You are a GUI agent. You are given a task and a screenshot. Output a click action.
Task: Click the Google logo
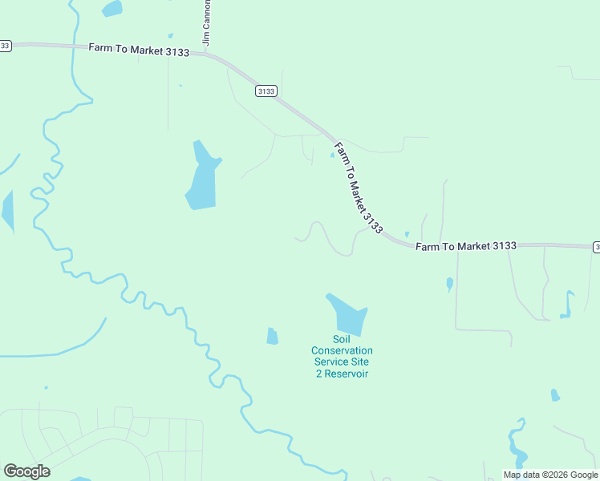pos(26,471)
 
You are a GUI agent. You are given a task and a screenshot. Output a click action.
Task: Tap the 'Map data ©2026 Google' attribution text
pos(551,475)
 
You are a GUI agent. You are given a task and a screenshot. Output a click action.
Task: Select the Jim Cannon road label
pos(206,22)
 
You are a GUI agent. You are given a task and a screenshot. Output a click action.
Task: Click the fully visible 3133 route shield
pos(266,91)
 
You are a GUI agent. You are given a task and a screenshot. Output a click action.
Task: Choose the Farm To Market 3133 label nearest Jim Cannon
pos(139,51)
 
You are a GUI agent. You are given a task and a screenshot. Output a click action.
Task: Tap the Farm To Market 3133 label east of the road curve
pos(465,246)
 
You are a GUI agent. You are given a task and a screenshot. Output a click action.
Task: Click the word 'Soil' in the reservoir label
pos(342,339)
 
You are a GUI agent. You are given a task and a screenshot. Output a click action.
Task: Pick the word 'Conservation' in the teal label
pos(342,350)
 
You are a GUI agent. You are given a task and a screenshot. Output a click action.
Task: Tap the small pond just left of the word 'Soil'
pos(272,337)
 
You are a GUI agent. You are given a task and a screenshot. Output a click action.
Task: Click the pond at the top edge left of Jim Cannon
pos(111,9)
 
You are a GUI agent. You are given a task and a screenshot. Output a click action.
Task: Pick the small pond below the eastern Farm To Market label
pos(449,284)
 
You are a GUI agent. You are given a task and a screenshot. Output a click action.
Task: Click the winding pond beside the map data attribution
pos(517,446)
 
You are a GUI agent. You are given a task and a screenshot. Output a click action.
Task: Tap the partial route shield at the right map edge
pos(596,247)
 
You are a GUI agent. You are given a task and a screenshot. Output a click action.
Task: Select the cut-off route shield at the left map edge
pos(5,46)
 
